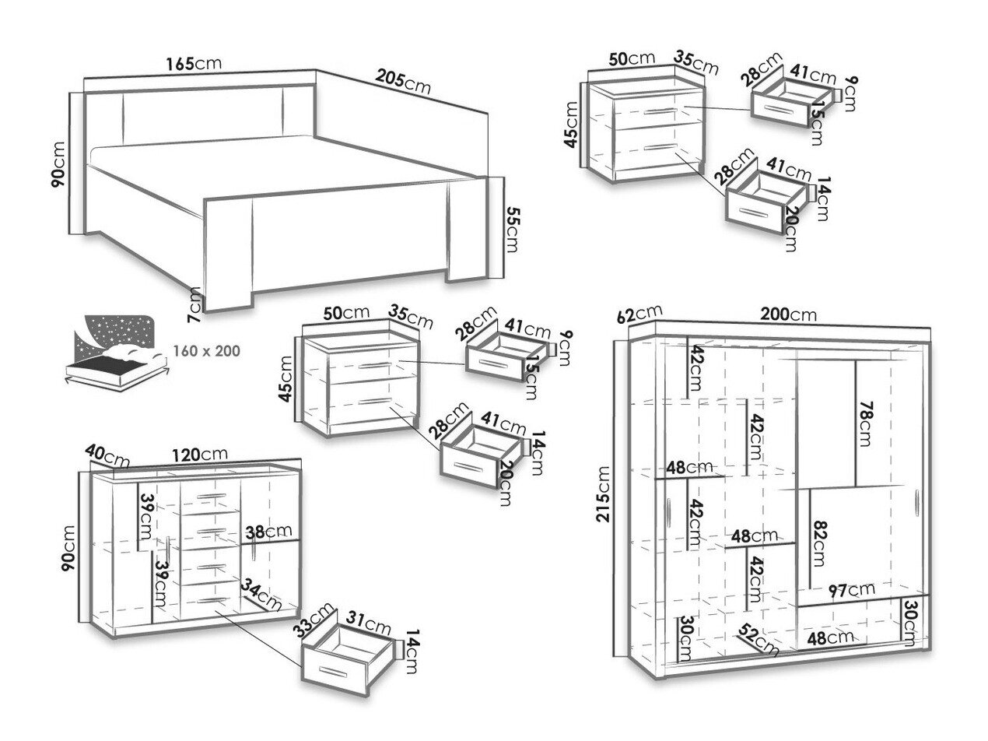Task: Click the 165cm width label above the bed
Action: [x=194, y=64]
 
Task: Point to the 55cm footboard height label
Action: [x=513, y=230]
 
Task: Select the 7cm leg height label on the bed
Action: [x=195, y=304]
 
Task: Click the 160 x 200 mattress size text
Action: [x=207, y=351]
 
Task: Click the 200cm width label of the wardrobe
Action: [x=788, y=314]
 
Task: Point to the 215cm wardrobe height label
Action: [x=603, y=494]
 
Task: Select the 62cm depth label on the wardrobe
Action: [x=639, y=314]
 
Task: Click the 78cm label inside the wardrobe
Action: [x=865, y=423]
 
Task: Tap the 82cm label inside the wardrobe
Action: [x=820, y=543]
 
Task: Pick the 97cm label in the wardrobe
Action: [x=852, y=591]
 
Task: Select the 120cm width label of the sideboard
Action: [x=200, y=455]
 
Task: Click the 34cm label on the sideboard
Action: [x=261, y=594]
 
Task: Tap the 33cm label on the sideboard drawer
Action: [x=314, y=620]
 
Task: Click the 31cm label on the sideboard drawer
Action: [x=368, y=623]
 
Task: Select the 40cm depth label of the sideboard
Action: [x=107, y=456]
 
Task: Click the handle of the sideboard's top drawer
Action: [x=211, y=496]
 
